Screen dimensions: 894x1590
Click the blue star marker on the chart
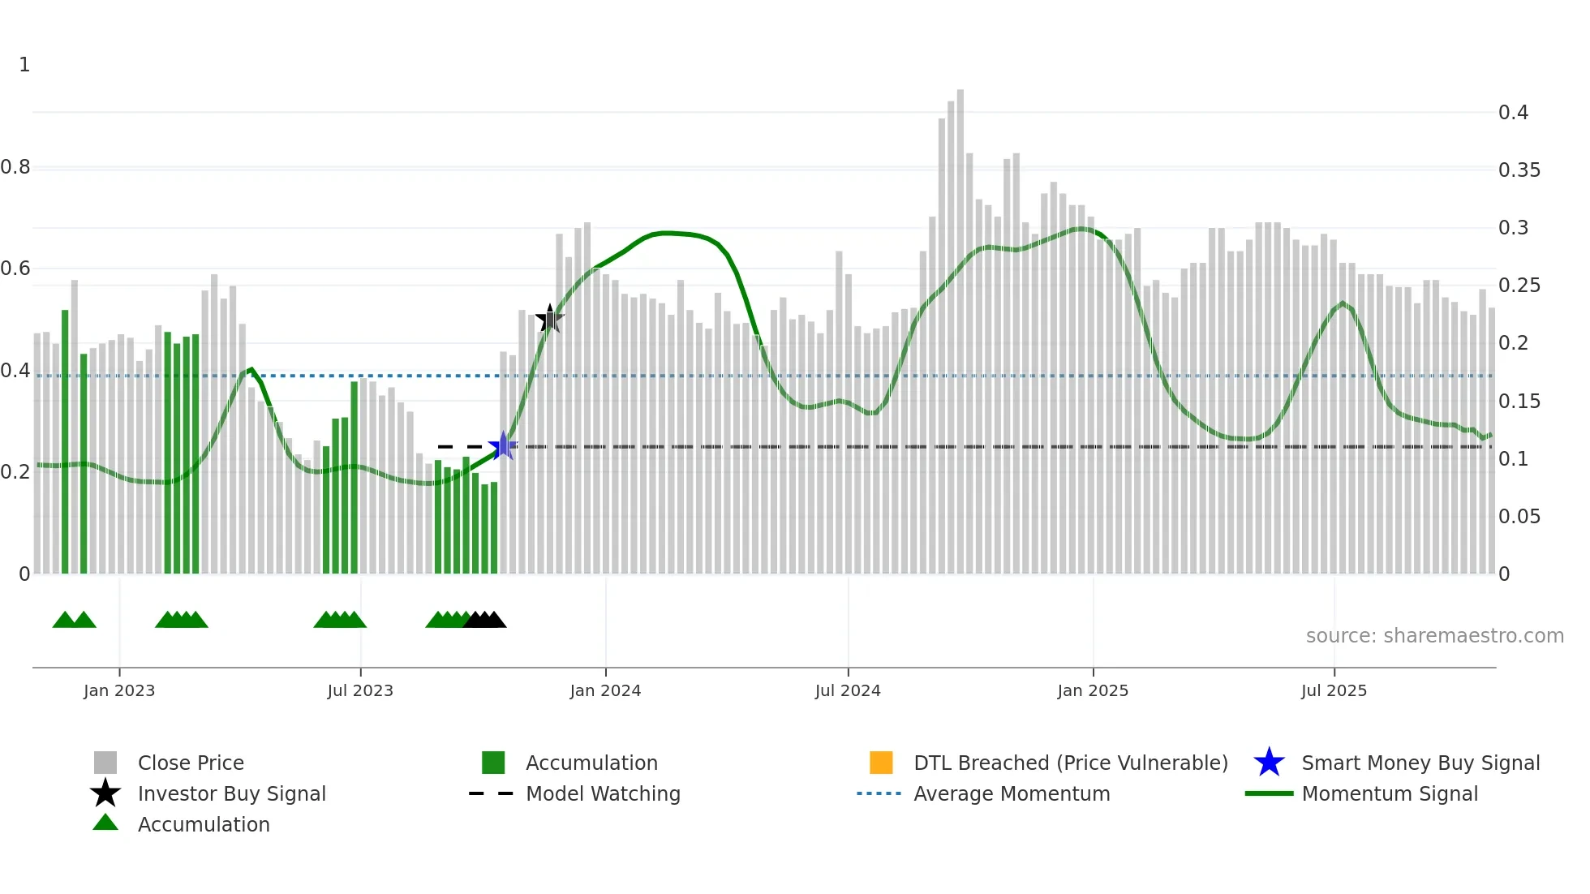coord(503,446)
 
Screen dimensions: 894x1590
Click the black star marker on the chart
coord(550,319)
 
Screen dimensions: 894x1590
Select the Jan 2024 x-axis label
coord(605,691)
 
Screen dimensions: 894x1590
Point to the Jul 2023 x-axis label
coord(360,691)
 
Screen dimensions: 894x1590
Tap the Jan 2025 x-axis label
coord(1093,691)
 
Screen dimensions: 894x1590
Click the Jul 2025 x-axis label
coord(1334,691)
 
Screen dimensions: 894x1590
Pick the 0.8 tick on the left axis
coord(15,168)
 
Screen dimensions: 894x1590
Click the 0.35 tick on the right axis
coord(1519,170)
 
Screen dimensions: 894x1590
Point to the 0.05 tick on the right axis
coord(1519,517)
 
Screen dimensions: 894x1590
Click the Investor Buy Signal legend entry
coord(231,794)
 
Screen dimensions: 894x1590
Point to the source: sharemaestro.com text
coord(1434,636)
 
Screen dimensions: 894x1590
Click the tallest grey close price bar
coord(960,325)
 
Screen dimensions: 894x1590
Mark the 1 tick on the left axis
coord(24,65)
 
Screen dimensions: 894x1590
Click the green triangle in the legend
coord(105,823)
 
